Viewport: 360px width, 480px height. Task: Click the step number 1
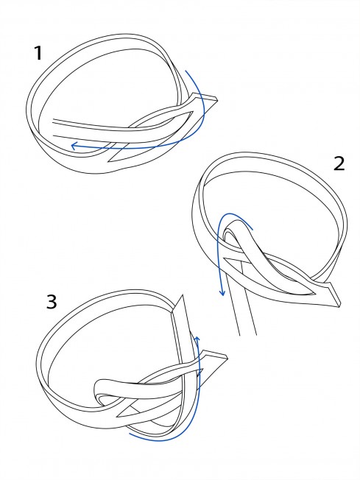38,53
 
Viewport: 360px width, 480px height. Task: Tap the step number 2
339,163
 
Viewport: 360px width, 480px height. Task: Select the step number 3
52,301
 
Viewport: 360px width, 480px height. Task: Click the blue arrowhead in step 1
74,146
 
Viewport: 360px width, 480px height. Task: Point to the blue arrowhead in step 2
222,293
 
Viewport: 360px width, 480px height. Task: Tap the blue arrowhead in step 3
197,339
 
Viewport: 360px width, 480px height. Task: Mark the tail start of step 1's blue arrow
186,71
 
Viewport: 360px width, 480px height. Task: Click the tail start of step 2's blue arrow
253,229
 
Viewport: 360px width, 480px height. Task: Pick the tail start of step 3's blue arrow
130,434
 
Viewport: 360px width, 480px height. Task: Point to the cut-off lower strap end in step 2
247,334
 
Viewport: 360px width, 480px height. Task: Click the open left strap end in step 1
54,128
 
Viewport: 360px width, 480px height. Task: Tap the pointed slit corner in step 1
109,162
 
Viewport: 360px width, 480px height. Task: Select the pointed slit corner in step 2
225,259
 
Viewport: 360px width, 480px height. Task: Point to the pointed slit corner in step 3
118,416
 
